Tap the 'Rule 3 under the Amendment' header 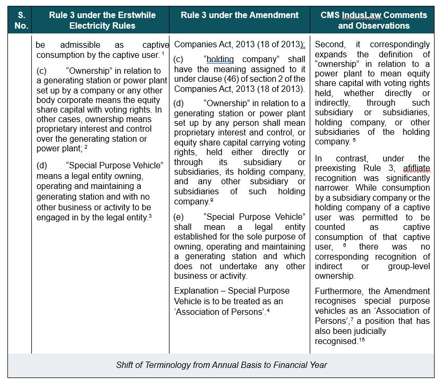click(x=240, y=15)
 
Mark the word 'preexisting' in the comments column click(x=338, y=168)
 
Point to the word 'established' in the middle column click(x=197, y=237)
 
